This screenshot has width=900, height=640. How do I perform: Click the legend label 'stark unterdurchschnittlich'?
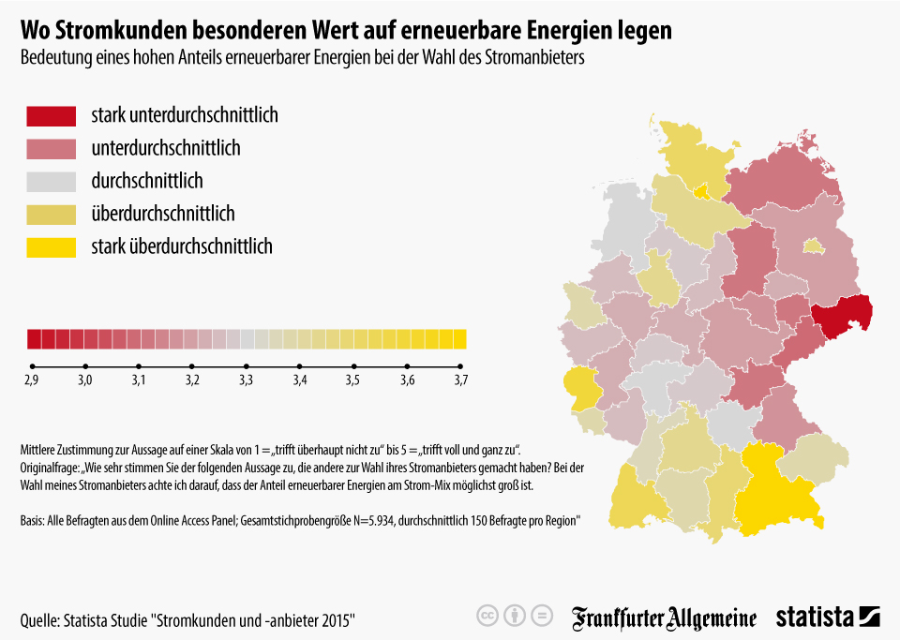(x=185, y=116)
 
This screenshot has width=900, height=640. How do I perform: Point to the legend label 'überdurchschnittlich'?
(x=163, y=214)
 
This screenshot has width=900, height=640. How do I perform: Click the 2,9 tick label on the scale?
(x=32, y=380)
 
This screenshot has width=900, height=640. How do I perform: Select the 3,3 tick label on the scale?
(x=247, y=380)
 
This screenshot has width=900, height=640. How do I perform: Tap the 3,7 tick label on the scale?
(x=460, y=380)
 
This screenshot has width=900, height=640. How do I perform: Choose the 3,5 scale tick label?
(x=353, y=380)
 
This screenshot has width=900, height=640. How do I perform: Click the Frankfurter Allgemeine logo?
(x=665, y=617)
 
